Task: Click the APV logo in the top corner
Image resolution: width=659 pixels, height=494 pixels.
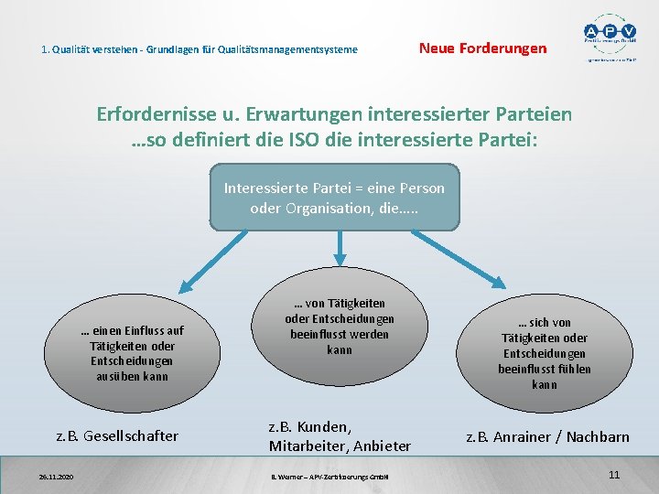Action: [x=612, y=37]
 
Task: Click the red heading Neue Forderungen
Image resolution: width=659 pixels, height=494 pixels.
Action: [x=482, y=48]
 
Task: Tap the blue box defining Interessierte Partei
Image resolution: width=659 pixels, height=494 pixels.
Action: [x=334, y=197]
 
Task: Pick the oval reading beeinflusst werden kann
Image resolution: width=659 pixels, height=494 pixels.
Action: [x=339, y=326]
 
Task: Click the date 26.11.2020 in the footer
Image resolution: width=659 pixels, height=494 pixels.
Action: [x=57, y=477]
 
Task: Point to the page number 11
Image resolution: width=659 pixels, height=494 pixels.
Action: [x=614, y=475]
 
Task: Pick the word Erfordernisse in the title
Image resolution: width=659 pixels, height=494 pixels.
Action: [x=157, y=115]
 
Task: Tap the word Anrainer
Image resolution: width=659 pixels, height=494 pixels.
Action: [x=525, y=436]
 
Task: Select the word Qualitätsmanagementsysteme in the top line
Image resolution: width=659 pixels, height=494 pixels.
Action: [x=294, y=48]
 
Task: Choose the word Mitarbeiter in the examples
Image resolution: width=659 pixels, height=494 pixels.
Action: [x=303, y=446]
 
